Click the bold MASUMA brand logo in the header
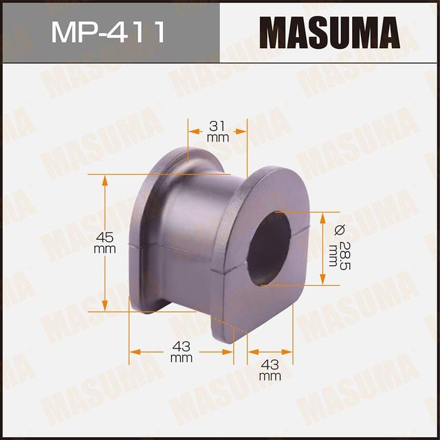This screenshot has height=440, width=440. [x=331, y=32]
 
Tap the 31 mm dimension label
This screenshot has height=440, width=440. [x=217, y=131]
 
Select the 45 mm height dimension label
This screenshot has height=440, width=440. [x=104, y=243]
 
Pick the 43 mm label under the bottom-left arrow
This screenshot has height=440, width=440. [x=181, y=351]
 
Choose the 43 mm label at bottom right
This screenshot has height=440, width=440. [x=270, y=368]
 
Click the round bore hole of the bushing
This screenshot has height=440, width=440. [x=268, y=247]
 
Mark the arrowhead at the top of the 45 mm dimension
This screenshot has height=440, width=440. [x=104, y=179]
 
